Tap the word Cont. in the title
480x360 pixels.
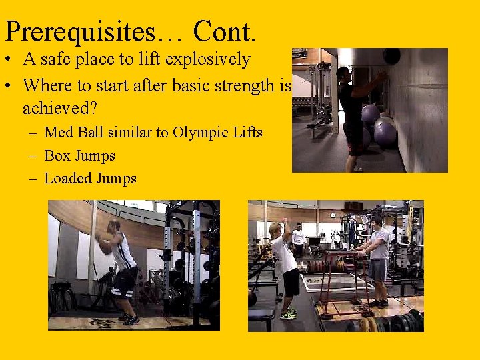225,31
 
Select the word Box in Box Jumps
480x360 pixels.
56,156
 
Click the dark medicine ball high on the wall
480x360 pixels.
392,56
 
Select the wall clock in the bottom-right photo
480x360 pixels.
333,216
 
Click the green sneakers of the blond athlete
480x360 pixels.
289,313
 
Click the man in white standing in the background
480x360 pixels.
298,241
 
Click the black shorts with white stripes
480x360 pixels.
125,280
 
